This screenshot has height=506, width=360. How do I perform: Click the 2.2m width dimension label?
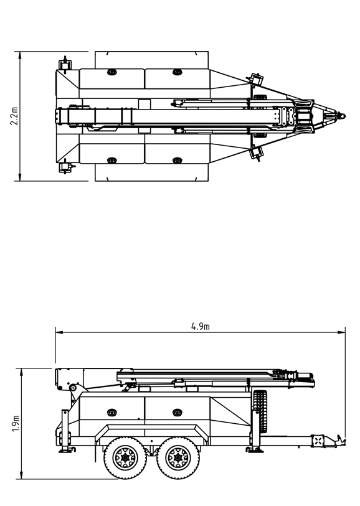point(14,116)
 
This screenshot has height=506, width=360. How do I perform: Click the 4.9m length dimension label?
point(201,327)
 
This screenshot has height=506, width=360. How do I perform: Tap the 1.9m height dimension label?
point(16,423)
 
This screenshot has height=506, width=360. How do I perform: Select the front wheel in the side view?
point(178,457)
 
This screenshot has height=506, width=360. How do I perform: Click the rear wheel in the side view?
point(125,457)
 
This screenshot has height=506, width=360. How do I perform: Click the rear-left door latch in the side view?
point(111,413)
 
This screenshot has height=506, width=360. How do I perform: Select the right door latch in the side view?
point(177,413)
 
